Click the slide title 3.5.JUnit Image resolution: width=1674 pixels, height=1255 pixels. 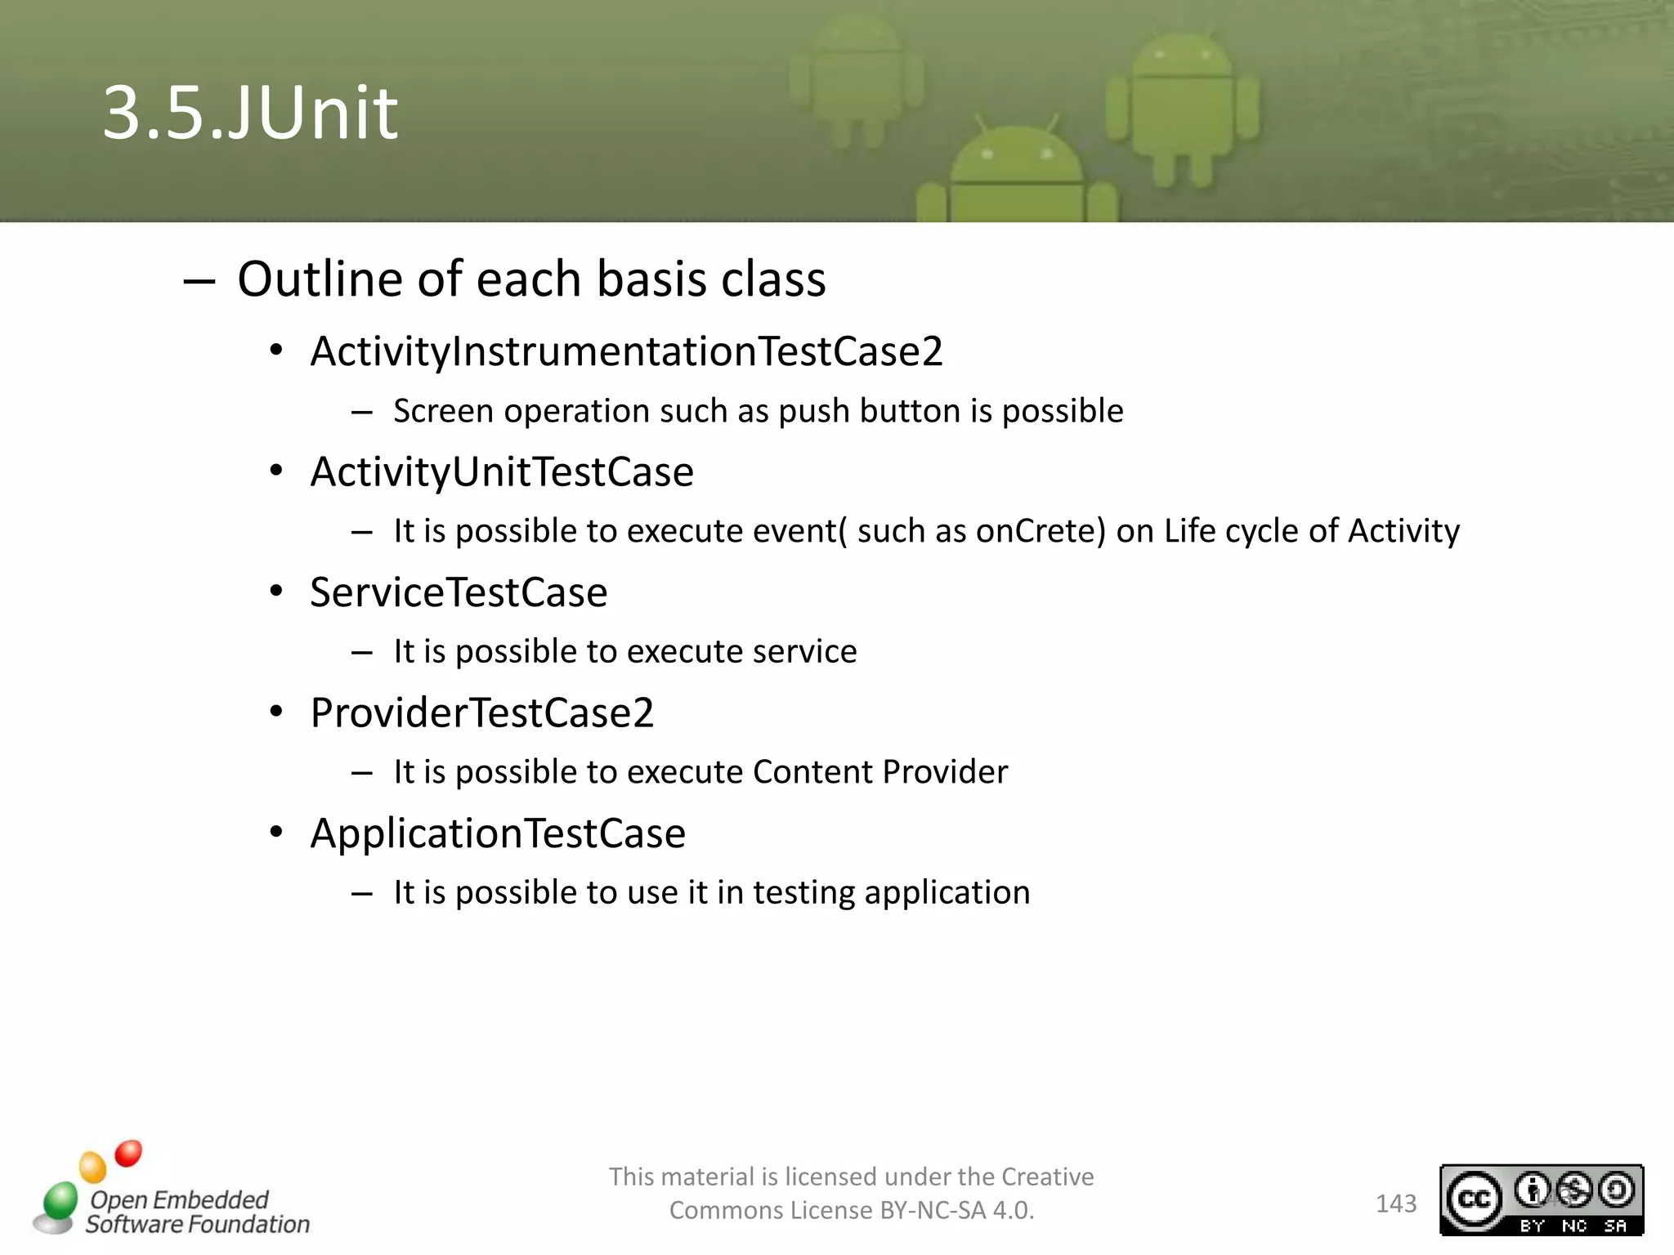[x=250, y=113]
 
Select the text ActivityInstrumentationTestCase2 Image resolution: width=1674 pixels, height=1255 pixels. [x=626, y=351]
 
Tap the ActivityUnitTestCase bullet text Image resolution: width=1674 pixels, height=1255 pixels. [x=502, y=472]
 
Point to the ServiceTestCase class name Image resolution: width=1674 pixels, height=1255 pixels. [x=459, y=592]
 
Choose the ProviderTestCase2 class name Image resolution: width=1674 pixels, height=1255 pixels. [x=482, y=712]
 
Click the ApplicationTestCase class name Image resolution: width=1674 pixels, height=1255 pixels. [x=498, y=833]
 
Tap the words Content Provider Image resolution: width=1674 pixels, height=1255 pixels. [x=880, y=772]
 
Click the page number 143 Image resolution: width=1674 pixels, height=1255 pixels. [x=1395, y=1204]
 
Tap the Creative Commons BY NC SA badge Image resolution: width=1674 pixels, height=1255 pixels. [x=1541, y=1199]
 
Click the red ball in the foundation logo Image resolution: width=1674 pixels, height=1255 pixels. [x=128, y=1153]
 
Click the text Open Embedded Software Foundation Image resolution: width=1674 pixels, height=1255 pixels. [x=196, y=1212]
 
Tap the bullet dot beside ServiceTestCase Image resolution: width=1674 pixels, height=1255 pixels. [x=276, y=591]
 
